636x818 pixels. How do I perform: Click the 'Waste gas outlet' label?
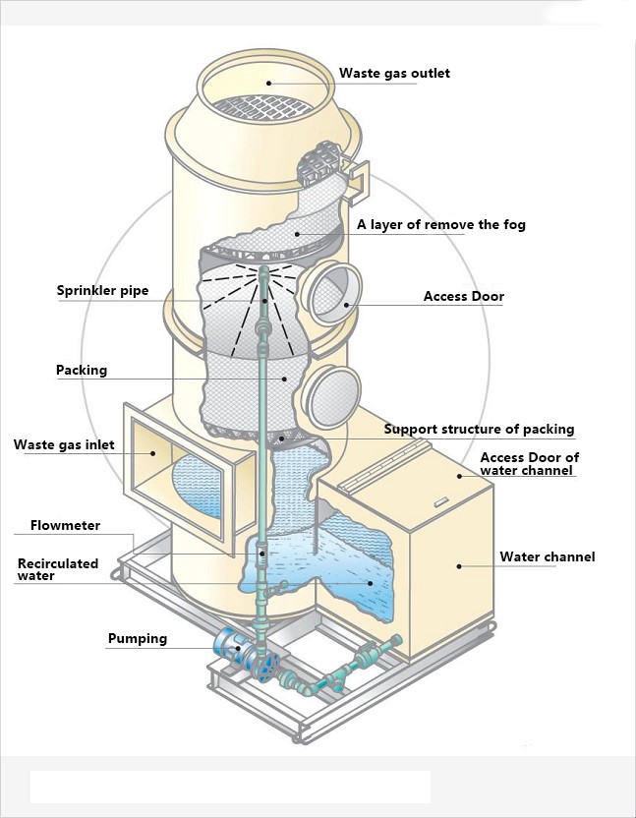click(x=394, y=74)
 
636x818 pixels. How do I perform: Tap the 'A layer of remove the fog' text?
click(x=440, y=225)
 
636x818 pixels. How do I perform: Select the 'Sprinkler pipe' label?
click(x=102, y=291)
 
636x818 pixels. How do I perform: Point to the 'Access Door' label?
click(x=463, y=297)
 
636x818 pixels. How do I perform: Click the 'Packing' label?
click(x=82, y=371)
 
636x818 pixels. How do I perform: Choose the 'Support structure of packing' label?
click(x=479, y=430)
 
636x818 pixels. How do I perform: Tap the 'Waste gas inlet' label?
click(x=64, y=445)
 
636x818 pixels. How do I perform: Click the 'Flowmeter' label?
click(x=65, y=526)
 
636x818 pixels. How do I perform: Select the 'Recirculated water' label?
click(x=58, y=569)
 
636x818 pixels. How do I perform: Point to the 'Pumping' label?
click(x=137, y=639)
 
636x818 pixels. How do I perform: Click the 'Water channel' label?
click(x=547, y=557)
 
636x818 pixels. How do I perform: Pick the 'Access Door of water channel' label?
click(x=529, y=464)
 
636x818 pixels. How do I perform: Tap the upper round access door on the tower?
click(x=331, y=294)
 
